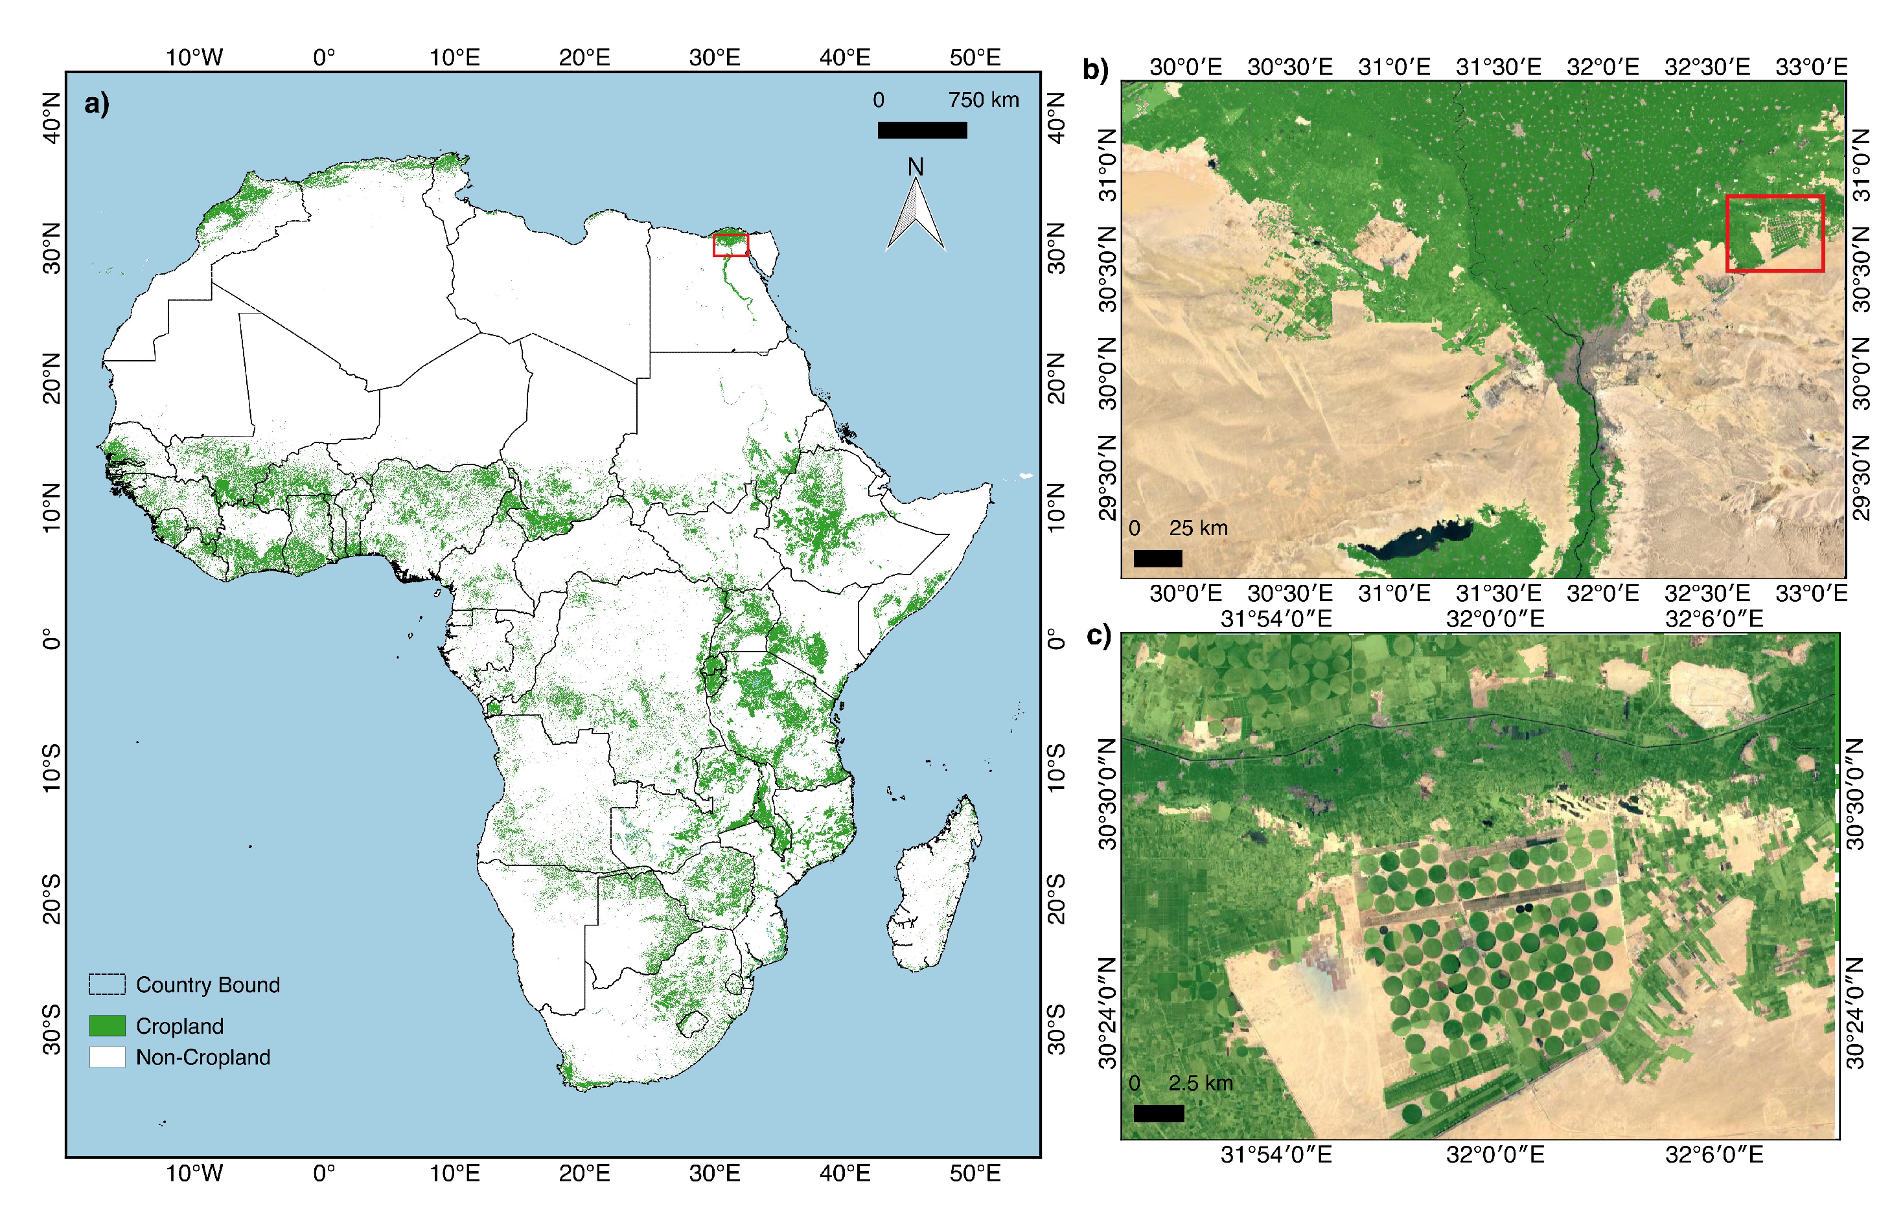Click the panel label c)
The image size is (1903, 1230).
tap(1098, 637)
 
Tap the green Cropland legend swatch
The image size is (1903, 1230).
tap(107, 1025)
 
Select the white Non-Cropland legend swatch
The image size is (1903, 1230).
tap(107, 1056)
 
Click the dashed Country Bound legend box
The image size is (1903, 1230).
tap(107, 984)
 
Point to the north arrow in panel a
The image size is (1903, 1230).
tap(916, 212)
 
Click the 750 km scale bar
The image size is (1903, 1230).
tap(922, 130)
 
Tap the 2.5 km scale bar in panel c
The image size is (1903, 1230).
tap(1159, 1113)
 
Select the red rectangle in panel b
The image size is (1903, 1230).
tap(1774, 233)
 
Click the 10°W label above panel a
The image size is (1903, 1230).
tap(194, 58)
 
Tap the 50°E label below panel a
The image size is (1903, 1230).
tap(975, 1172)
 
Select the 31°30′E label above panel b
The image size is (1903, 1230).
tap(1498, 67)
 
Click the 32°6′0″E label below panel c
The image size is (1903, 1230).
tap(1714, 1155)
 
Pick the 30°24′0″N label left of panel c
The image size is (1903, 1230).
tap(1107, 1013)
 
